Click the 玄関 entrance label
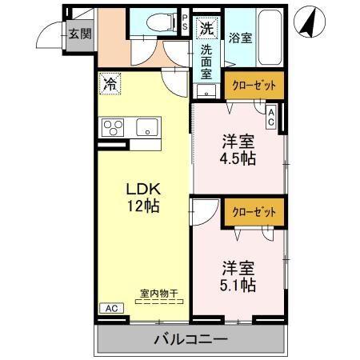(78, 34)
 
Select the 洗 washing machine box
(206, 26)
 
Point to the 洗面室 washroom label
(206, 60)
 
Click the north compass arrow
(308, 22)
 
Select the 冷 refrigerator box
(108, 82)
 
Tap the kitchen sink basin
(147, 126)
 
